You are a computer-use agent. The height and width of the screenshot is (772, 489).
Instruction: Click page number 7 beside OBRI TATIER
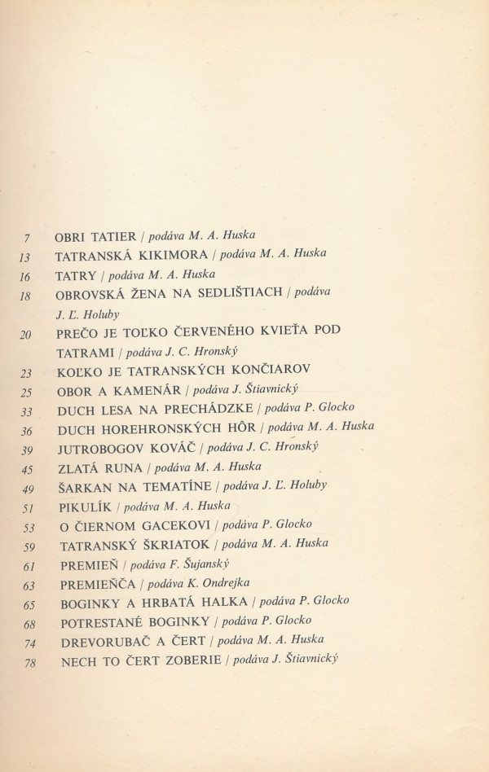(x=28, y=238)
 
